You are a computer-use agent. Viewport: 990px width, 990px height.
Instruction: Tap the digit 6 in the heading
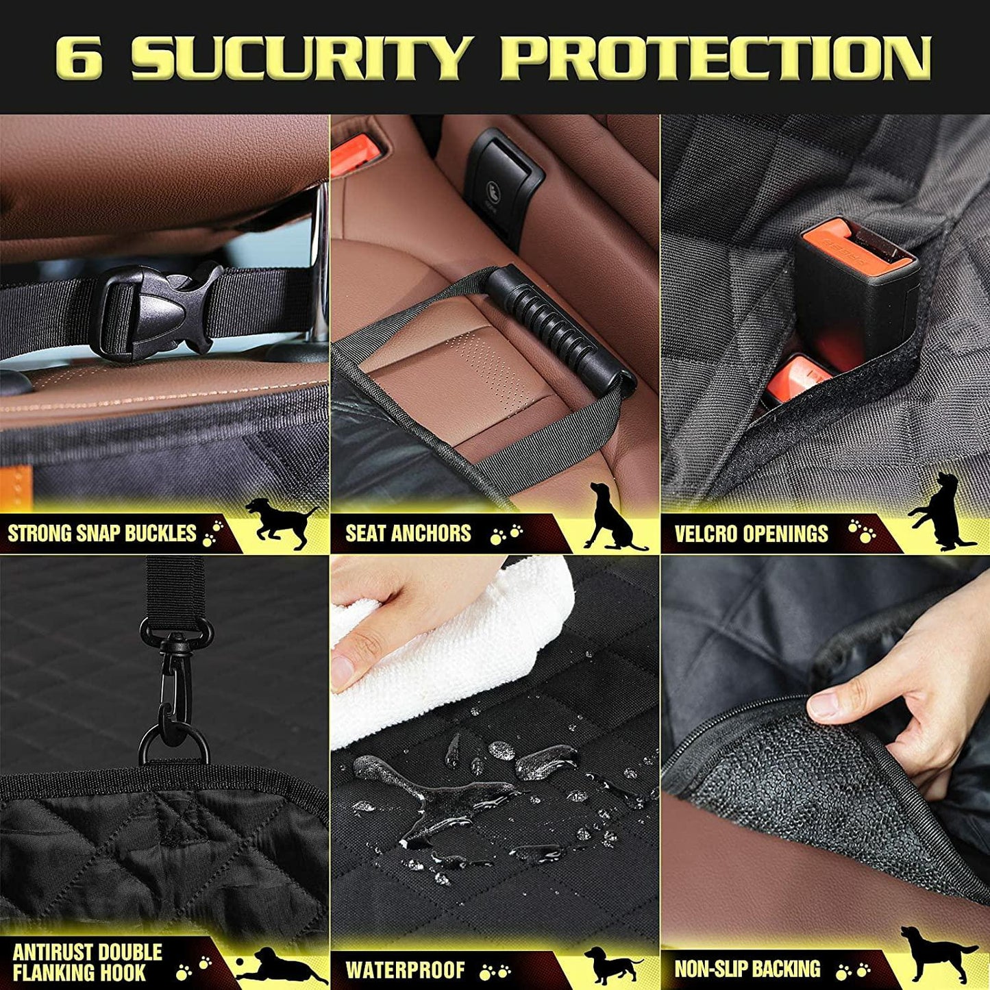point(79,58)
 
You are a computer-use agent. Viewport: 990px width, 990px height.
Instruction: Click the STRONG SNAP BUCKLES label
point(102,533)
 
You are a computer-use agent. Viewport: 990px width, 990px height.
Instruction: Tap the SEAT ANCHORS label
point(408,533)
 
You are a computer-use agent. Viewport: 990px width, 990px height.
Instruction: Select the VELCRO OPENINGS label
point(751,533)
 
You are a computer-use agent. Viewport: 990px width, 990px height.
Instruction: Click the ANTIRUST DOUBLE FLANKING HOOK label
point(87,961)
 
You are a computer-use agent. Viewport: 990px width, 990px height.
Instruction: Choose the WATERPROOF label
point(405,969)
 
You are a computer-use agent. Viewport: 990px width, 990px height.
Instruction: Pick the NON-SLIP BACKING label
point(747,969)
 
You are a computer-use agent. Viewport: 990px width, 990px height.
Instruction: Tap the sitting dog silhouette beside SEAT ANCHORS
point(610,517)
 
